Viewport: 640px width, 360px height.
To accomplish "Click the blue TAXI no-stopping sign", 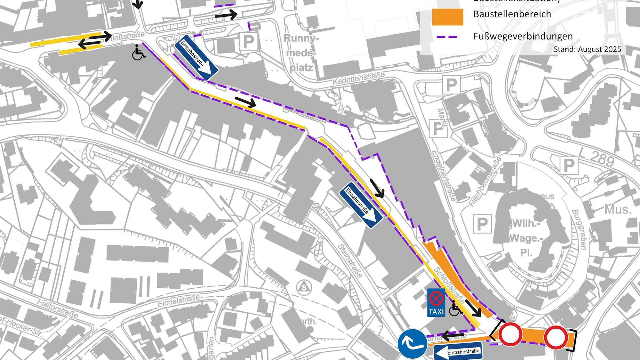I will [436, 303].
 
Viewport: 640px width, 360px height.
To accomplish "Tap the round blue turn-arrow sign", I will [412, 344].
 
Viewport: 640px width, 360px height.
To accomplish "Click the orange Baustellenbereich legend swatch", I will [447, 17].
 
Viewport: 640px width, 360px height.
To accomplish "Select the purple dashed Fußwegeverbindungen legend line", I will [447, 37].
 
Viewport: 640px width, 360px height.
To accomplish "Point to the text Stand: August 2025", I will [587, 49].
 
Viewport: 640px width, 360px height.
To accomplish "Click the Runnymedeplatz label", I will [301, 53].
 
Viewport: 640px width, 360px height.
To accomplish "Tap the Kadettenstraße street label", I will [359, 78].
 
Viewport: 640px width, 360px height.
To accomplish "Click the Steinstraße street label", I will [350, 261].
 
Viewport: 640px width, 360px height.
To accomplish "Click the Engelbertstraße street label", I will [444, 176].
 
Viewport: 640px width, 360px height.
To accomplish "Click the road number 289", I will [602, 159].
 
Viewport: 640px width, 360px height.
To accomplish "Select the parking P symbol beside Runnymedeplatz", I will [249, 42].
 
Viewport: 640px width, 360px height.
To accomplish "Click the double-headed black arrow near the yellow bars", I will [95, 40].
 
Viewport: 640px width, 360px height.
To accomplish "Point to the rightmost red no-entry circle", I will [556, 337].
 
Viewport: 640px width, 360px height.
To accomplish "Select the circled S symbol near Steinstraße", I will [304, 287].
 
